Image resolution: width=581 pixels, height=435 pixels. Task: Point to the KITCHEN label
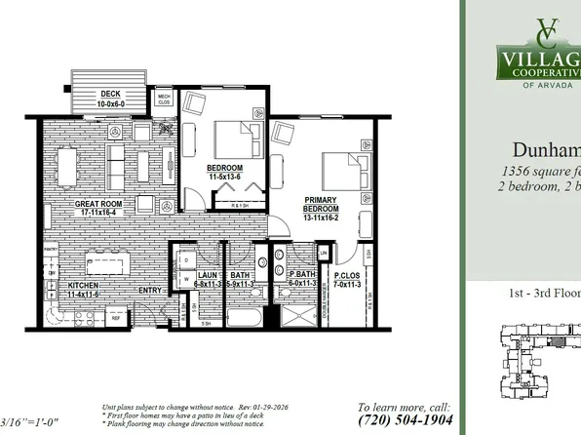(x=83, y=285)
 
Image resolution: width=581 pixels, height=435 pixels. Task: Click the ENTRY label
(x=152, y=290)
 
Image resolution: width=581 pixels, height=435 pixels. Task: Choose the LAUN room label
(x=206, y=276)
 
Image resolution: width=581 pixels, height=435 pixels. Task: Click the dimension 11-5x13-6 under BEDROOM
(x=225, y=177)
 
